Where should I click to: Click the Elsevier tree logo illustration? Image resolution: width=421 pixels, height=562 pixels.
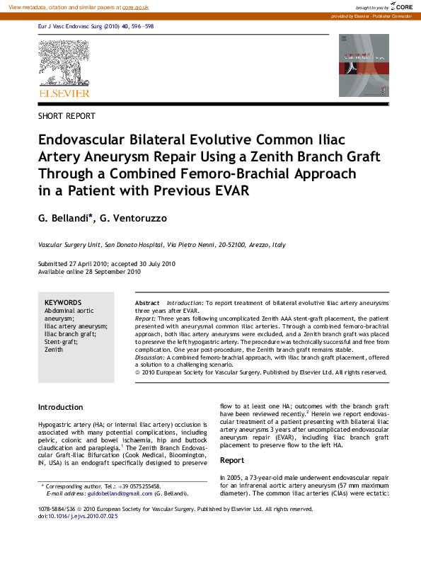[64, 64]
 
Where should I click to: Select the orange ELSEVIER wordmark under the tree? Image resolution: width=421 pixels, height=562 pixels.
[64, 93]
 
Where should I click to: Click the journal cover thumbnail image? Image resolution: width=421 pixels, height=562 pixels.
[364, 65]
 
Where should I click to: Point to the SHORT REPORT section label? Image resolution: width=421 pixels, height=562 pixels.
[67, 116]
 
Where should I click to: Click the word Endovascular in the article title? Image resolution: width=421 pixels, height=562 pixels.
[83, 140]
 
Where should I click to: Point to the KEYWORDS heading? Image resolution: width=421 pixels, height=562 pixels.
[63, 302]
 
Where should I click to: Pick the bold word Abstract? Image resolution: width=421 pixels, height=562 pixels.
[147, 302]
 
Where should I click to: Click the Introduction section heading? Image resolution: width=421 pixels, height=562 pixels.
[60, 408]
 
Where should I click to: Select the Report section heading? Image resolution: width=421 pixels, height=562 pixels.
[233, 460]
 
